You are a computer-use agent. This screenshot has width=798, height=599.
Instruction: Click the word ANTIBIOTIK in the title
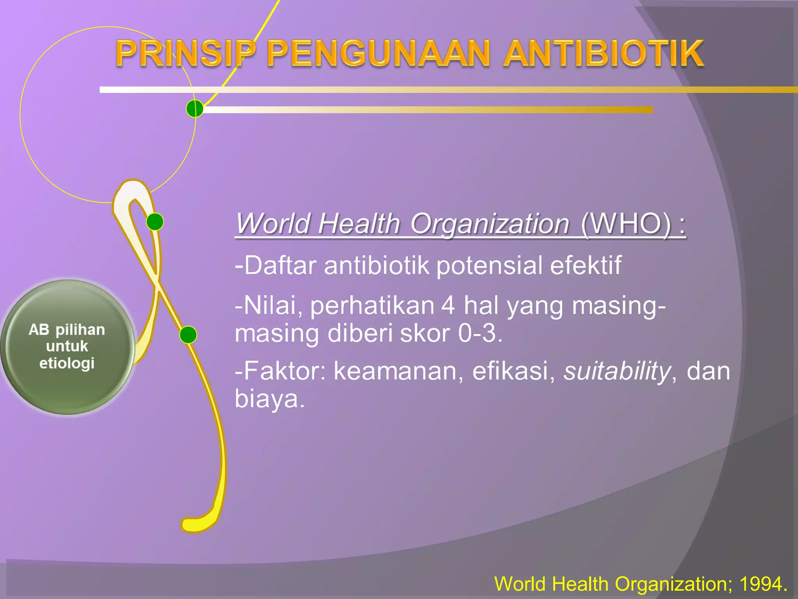(x=603, y=54)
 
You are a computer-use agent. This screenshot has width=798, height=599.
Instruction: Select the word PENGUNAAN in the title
(x=378, y=54)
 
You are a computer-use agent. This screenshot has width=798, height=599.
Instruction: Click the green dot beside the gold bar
(x=194, y=109)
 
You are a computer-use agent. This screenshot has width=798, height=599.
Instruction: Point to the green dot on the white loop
(x=155, y=222)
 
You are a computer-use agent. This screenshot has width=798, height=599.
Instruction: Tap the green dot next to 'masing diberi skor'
(x=188, y=335)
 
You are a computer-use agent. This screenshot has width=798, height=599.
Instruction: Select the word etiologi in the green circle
(x=67, y=363)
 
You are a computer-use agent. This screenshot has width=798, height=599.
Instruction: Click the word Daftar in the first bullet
(x=279, y=266)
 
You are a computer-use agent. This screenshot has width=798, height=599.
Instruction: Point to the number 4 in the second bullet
(x=448, y=306)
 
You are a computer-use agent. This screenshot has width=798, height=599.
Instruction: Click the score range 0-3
(x=480, y=334)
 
